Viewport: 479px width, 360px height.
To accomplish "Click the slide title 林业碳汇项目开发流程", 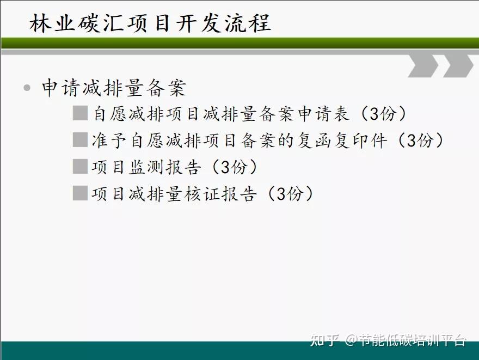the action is pos(150,23).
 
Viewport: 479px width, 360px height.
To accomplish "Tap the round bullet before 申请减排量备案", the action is pos(27,88).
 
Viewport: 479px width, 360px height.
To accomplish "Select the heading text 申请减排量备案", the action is pos(114,88).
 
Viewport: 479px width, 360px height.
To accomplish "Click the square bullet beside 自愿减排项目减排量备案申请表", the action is pos(81,113).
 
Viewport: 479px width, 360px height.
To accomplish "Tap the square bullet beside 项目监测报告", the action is pos(81,166).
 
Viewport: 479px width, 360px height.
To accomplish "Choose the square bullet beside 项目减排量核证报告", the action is pos(81,193).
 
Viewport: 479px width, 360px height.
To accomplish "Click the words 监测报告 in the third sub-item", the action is pos(165,167).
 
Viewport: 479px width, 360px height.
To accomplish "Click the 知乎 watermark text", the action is pos(325,340).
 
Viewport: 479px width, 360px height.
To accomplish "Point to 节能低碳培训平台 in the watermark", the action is pos(413,340).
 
